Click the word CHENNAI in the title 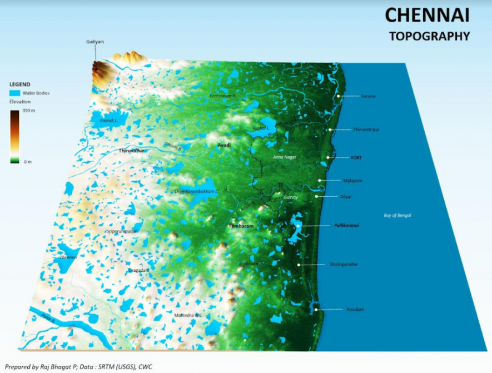tap(427, 16)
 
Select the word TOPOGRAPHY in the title tap(430, 37)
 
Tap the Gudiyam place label tap(95, 42)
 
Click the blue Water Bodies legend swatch tap(15, 93)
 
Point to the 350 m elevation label tap(29, 112)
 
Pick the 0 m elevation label tap(27, 161)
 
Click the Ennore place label tap(369, 96)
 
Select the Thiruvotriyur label tap(366, 130)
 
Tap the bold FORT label tap(356, 158)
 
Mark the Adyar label tap(346, 197)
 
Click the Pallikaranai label tap(346, 226)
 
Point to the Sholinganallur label tap(344, 264)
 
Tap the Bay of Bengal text tap(397, 215)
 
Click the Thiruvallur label tap(132, 151)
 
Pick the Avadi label tap(224, 145)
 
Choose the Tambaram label tap(241, 226)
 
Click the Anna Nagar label tap(285, 157)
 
